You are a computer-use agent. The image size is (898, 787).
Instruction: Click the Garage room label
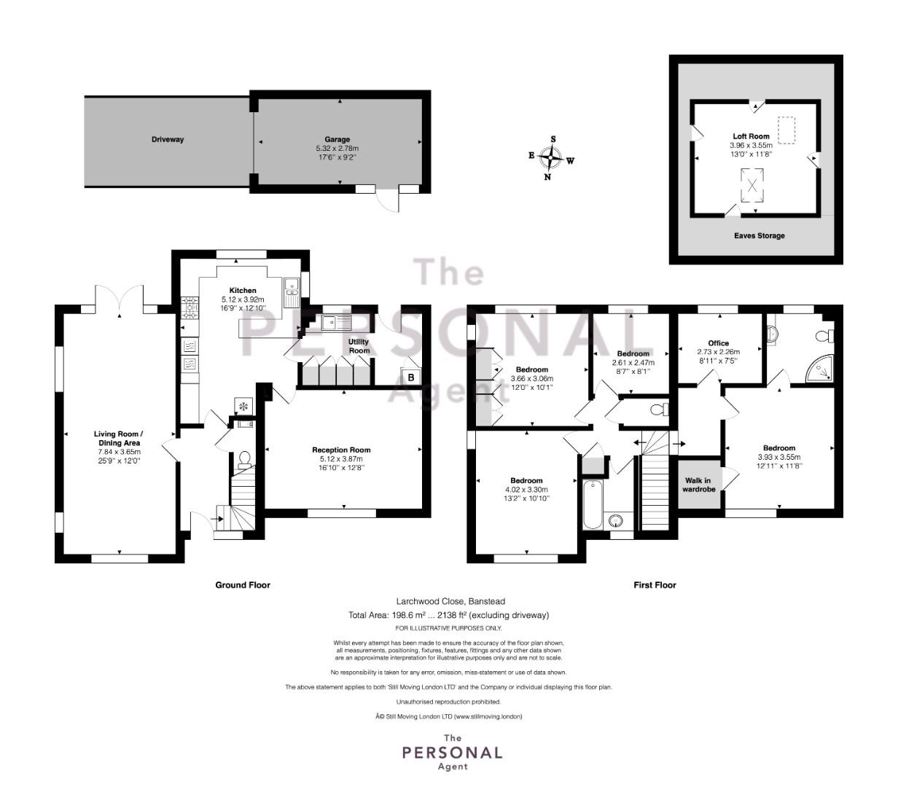(337, 139)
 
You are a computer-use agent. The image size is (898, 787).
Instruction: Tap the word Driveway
(168, 139)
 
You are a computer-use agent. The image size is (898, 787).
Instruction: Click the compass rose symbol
(550, 157)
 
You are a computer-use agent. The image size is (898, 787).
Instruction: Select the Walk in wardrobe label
(698, 485)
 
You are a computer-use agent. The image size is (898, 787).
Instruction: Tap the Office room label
(718, 343)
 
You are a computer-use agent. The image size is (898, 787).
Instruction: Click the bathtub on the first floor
(592, 504)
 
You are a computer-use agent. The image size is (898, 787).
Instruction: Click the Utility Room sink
(337, 323)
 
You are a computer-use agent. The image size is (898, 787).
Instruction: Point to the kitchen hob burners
(190, 308)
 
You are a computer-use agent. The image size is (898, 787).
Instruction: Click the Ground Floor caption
(243, 585)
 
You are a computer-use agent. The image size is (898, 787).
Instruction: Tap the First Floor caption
(655, 585)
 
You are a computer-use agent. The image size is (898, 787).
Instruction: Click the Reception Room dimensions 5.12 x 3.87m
(341, 458)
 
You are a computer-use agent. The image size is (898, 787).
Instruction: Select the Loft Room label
(751, 136)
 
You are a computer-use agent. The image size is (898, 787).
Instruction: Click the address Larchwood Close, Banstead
(450, 601)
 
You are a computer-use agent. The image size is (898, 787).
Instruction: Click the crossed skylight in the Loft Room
(752, 185)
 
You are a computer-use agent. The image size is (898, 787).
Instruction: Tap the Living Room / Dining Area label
(118, 438)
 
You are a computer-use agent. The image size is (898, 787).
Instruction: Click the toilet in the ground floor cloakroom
(244, 459)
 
